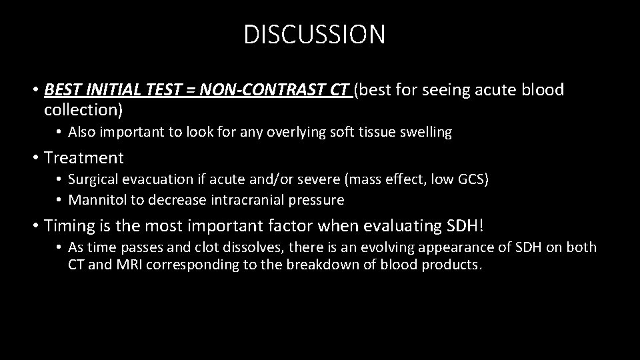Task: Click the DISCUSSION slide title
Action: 315,35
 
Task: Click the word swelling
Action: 425,133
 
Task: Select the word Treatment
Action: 83,158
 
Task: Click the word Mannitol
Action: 95,200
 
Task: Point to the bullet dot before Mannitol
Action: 60,200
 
